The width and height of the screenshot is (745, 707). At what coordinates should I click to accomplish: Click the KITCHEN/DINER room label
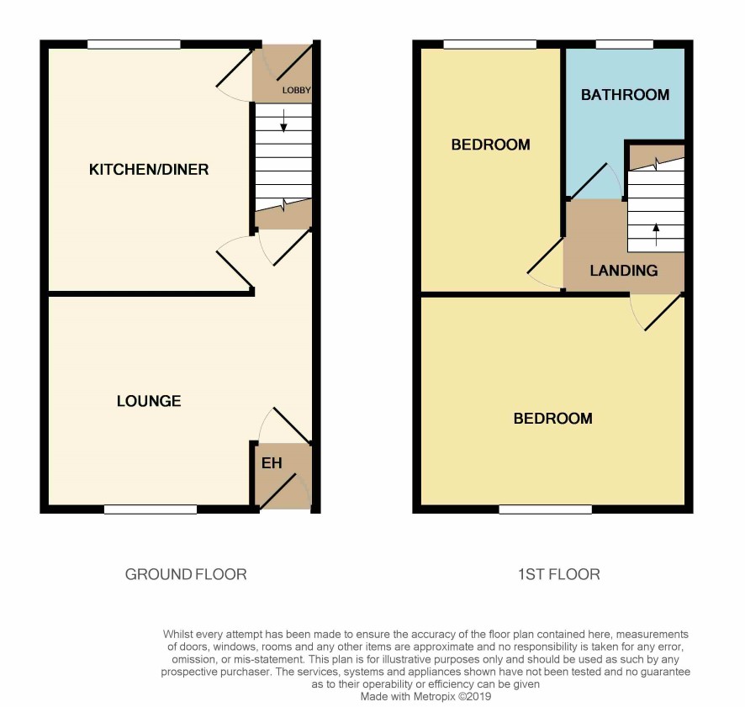click(x=149, y=170)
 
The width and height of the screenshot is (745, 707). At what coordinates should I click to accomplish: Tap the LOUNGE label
click(x=149, y=401)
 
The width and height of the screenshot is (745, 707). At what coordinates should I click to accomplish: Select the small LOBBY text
click(x=297, y=90)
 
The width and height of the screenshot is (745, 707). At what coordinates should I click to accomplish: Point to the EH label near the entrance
click(x=272, y=462)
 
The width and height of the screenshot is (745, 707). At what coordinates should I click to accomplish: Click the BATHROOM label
click(x=626, y=95)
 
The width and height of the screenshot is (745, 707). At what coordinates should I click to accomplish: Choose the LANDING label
click(x=624, y=271)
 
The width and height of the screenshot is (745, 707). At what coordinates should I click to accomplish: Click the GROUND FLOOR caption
click(x=186, y=574)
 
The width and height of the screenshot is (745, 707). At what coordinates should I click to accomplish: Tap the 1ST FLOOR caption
click(x=558, y=574)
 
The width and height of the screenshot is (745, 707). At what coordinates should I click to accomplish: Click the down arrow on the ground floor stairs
click(x=283, y=120)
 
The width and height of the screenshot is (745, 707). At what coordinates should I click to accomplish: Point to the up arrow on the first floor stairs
click(x=656, y=235)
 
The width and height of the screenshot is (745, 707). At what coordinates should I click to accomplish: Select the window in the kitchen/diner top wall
click(x=134, y=45)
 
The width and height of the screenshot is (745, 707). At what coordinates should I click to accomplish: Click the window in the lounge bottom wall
click(x=151, y=509)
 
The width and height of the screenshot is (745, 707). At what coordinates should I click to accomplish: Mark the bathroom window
click(x=625, y=45)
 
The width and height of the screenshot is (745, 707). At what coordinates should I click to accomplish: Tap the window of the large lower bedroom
click(x=546, y=509)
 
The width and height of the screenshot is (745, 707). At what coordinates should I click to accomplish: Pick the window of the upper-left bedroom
click(x=490, y=45)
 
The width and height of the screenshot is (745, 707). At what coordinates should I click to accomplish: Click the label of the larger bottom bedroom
click(x=553, y=419)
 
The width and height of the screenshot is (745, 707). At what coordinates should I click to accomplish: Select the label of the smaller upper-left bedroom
click(x=491, y=145)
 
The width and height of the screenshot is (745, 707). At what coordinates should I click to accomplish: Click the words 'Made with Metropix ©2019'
click(x=425, y=697)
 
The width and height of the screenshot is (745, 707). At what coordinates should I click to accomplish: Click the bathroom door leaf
click(x=588, y=181)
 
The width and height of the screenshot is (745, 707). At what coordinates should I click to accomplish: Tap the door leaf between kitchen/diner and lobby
click(x=235, y=69)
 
